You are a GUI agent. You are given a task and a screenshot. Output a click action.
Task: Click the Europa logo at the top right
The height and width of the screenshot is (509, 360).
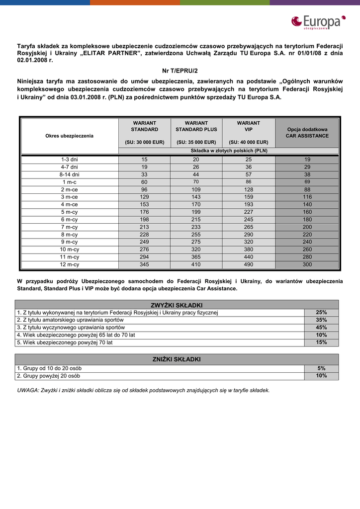pyautogui.click(x=318, y=22)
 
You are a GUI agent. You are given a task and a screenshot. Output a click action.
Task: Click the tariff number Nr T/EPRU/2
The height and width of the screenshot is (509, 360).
pyautogui.click(x=180, y=71)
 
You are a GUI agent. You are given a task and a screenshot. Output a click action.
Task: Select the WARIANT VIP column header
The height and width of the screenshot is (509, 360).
pyautogui.click(x=249, y=126)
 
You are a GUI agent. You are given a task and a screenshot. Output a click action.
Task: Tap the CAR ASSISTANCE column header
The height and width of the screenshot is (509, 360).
pyautogui.click(x=307, y=133)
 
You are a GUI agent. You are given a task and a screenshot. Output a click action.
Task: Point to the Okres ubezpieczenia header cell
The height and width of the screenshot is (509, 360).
pyautogui.click(x=69, y=136)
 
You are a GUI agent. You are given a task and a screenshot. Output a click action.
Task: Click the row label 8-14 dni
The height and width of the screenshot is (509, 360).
pyautogui.click(x=69, y=174)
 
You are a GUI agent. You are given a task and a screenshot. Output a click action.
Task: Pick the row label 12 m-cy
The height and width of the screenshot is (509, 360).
pyautogui.click(x=69, y=264)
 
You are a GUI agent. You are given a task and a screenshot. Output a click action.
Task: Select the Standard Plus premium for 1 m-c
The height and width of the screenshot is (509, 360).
pyautogui.click(x=196, y=182)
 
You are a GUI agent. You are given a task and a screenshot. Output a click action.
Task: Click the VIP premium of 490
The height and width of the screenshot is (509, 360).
pyautogui.click(x=249, y=264)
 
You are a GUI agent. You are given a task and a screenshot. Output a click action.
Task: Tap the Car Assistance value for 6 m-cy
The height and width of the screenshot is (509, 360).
pyautogui.click(x=307, y=219)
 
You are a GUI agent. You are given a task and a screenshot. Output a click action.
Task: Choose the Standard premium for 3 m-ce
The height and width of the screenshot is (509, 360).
pyautogui.click(x=145, y=197)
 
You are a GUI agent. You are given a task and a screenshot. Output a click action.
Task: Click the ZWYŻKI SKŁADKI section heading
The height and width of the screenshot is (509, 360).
pyautogui.click(x=177, y=305)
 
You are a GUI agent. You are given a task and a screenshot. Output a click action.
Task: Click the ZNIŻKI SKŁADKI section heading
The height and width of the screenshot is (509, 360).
pyautogui.click(x=177, y=359)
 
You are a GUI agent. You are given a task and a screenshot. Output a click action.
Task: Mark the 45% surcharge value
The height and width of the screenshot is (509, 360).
pyautogui.click(x=321, y=328)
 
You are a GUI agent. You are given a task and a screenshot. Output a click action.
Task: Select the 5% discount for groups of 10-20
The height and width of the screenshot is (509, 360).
pyautogui.click(x=321, y=368)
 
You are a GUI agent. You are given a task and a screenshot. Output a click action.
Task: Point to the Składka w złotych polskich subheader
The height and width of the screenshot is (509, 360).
pyautogui.click(x=229, y=150)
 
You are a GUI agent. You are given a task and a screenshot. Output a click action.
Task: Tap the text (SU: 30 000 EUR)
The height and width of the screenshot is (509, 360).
pyautogui.click(x=145, y=142)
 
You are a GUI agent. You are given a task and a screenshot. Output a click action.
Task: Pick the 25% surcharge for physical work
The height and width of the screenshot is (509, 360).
pyautogui.click(x=321, y=313)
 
